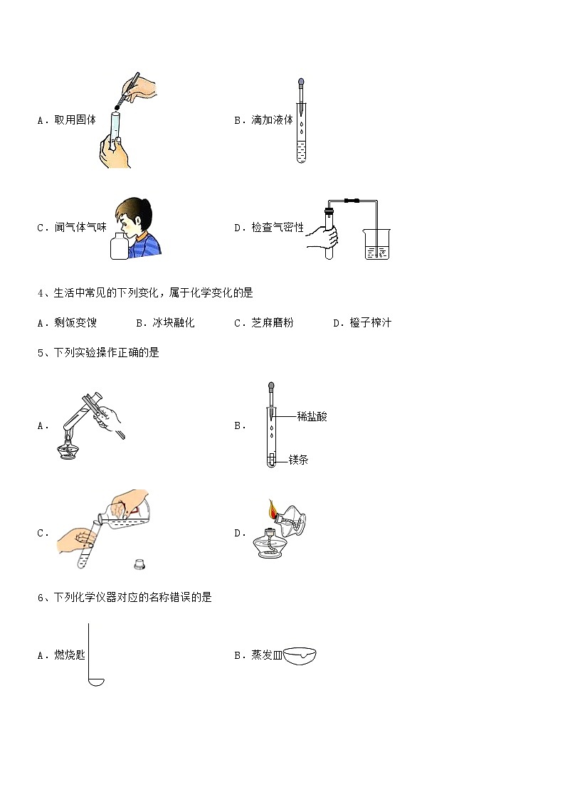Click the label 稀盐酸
point(312,416)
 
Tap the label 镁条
point(299,460)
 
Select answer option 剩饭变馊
point(75,322)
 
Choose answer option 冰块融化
point(174,322)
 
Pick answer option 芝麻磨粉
point(273,322)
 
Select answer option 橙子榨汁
point(371,322)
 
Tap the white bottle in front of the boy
point(120,246)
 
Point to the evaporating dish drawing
point(300,655)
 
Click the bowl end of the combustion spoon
point(96,682)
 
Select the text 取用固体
point(75,120)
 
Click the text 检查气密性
point(278,227)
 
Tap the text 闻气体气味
point(80,227)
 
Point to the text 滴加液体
point(273,120)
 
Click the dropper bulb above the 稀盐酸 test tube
point(271,386)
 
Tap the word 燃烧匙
point(70,655)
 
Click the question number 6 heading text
point(125,597)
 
